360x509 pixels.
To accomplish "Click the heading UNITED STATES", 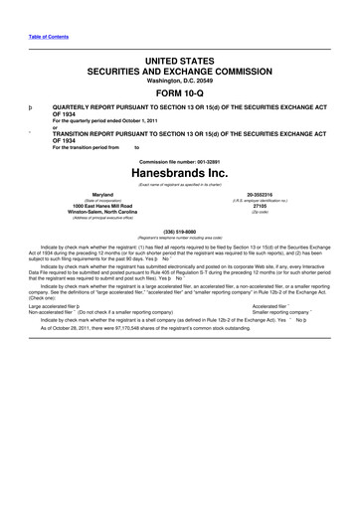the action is [179, 62].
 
